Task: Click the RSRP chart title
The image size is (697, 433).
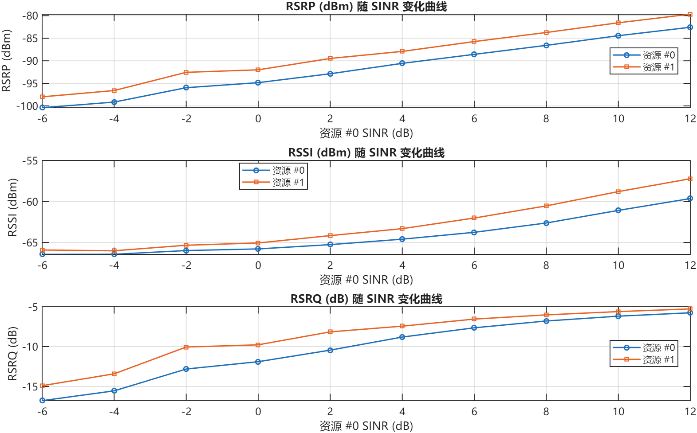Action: pyautogui.click(x=366, y=7)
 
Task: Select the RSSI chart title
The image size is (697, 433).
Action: pyautogui.click(x=366, y=153)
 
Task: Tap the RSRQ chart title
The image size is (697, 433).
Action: pyautogui.click(x=366, y=299)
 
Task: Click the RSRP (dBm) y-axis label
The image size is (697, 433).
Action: pyautogui.click(x=6, y=61)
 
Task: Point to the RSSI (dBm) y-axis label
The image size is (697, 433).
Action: pyautogui.click(x=12, y=207)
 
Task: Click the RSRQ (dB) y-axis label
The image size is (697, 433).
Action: pyautogui.click(x=12, y=354)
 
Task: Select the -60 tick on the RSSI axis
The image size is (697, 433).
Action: pyautogui.click(x=30, y=202)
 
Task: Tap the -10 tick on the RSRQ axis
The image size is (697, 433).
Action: pyautogui.click(x=30, y=347)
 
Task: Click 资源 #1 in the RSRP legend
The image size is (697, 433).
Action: pyautogui.click(x=658, y=67)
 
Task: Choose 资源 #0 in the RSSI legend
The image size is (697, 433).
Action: pyautogui.click(x=288, y=170)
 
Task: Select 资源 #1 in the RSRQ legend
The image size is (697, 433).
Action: pyautogui.click(x=658, y=359)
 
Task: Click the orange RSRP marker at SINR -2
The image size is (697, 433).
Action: pyautogui.click(x=186, y=72)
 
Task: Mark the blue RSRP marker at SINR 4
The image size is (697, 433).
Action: pyautogui.click(x=402, y=63)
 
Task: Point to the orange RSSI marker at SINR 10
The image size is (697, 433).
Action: pyautogui.click(x=618, y=192)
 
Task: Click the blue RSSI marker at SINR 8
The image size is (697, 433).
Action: pyautogui.click(x=546, y=223)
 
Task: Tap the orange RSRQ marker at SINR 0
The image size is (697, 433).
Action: pyautogui.click(x=258, y=345)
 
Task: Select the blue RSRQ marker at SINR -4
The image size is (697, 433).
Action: pyautogui.click(x=114, y=390)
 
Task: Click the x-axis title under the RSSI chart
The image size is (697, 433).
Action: pyautogui.click(x=366, y=280)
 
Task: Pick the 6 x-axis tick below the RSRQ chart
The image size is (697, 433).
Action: pyautogui.click(x=474, y=412)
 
